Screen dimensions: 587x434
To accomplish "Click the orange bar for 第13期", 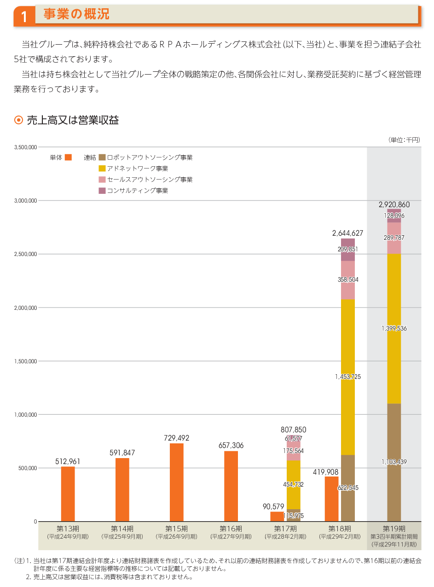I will [68, 494].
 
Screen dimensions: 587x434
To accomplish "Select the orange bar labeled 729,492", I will [176, 482].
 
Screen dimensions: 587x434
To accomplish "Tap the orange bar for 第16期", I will [231, 486].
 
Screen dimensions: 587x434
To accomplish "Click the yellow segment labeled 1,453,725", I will [348, 377].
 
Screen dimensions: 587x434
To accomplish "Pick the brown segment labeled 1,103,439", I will [394, 462].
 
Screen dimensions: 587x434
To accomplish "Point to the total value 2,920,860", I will [394, 204].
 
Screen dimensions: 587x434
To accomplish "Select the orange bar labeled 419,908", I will [331, 499].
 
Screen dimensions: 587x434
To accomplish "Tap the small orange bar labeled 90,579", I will [277, 516].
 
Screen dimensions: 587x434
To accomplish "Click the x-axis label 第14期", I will [122, 529].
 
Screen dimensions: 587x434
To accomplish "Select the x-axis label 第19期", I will [394, 529].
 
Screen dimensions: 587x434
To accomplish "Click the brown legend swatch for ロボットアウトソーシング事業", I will [102, 157].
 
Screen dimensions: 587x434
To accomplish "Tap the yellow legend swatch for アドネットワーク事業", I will [102, 169].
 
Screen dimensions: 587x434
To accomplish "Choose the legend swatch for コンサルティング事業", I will [102, 191].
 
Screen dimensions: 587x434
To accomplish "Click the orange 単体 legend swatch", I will [69, 157].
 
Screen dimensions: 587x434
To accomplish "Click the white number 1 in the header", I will [24, 17].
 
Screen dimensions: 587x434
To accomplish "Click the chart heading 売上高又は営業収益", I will [73, 120].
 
